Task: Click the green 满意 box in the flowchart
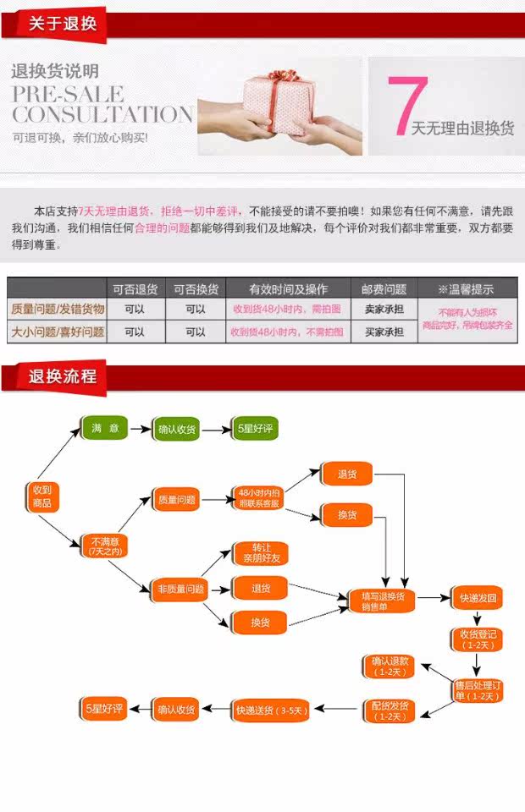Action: pyautogui.click(x=104, y=429)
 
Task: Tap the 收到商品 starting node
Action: pyautogui.click(x=41, y=497)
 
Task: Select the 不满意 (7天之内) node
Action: pyautogui.click(x=105, y=546)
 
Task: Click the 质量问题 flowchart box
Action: pyautogui.click(x=176, y=500)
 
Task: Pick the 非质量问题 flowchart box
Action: pyautogui.click(x=181, y=589)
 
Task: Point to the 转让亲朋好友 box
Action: pyautogui.click(x=259, y=553)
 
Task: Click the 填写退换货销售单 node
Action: pyautogui.click(x=383, y=600)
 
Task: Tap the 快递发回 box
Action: pyautogui.click(x=477, y=598)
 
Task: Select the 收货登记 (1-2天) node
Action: pyautogui.click(x=477, y=639)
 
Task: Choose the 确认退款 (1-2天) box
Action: pyautogui.click(x=390, y=666)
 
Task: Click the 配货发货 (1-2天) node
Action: pyautogui.click(x=390, y=710)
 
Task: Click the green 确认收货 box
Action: pyautogui.click(x=175, y=430)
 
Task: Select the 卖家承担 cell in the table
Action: pyautogui.click(x=384, y=310)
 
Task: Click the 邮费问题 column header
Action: pyautogui.click(x=384, y=288)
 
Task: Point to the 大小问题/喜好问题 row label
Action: pyautogui.click(x=57, y=332)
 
